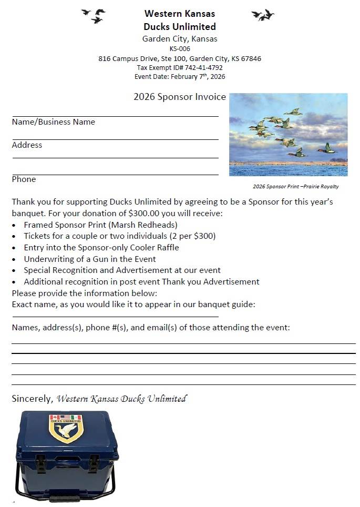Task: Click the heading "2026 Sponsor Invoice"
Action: point(180,97)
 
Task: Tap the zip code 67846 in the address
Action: point(250,59)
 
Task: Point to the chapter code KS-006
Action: point(180,49)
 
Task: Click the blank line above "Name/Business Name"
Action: point(115,116)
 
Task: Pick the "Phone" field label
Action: point(24,179)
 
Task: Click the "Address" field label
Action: point(27,145)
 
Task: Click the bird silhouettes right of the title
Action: point(263,15)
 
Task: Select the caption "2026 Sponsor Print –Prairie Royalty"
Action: point(295,187)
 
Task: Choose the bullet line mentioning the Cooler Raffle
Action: point(101,248)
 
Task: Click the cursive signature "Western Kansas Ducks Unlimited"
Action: point(121,399)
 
